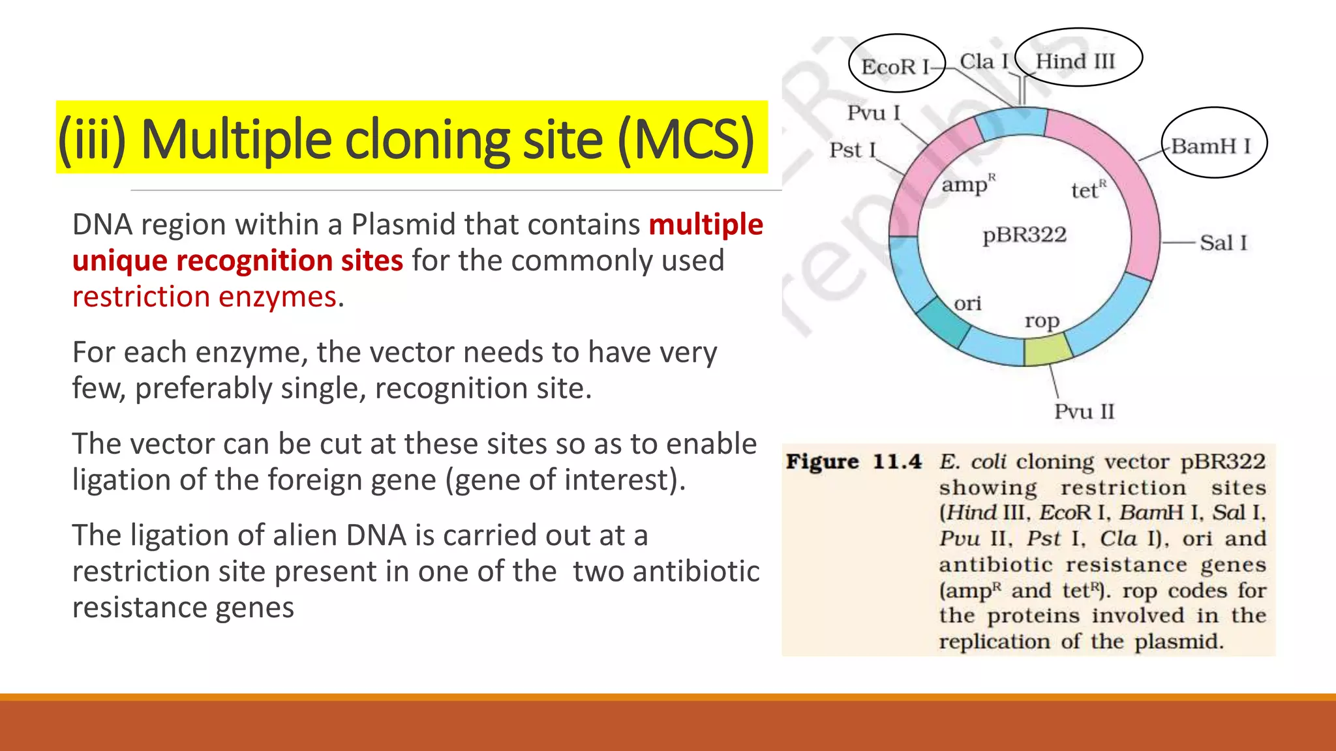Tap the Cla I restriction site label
984,62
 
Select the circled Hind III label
1076,61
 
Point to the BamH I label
1211,146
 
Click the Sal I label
1223,243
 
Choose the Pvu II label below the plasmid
1084,411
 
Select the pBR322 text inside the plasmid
1024,235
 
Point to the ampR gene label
967,185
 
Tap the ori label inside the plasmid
967,303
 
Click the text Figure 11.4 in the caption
853,462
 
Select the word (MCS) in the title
685,139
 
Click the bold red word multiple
706,224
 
